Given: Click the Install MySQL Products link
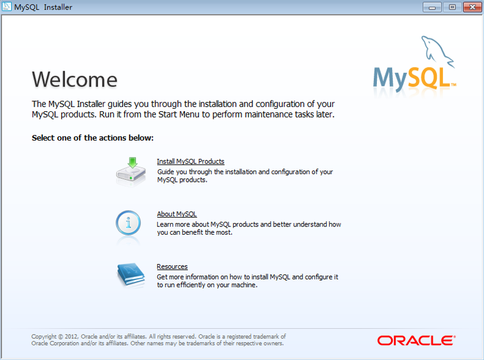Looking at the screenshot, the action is (190, 161).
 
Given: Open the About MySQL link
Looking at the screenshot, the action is (177, 214).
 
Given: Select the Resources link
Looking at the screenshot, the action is (172, 266).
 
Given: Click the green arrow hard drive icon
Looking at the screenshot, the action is (131, 172).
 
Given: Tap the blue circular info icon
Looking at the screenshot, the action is (128, 223).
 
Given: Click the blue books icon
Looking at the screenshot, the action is (131, 275).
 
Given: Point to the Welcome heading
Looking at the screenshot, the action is (75, 79).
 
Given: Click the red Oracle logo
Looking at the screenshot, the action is (416, 341).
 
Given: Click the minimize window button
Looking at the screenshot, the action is (432, 7).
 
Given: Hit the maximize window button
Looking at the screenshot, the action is (452, 7).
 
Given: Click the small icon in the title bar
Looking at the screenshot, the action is (6, 6).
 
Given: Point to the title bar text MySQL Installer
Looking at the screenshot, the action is (43, 7).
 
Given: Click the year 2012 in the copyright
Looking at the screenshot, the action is (71, 336).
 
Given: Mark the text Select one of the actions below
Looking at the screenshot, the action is (92, 138).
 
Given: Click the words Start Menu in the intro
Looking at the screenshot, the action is (179, 115).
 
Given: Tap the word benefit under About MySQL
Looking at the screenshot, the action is (193, 232).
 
